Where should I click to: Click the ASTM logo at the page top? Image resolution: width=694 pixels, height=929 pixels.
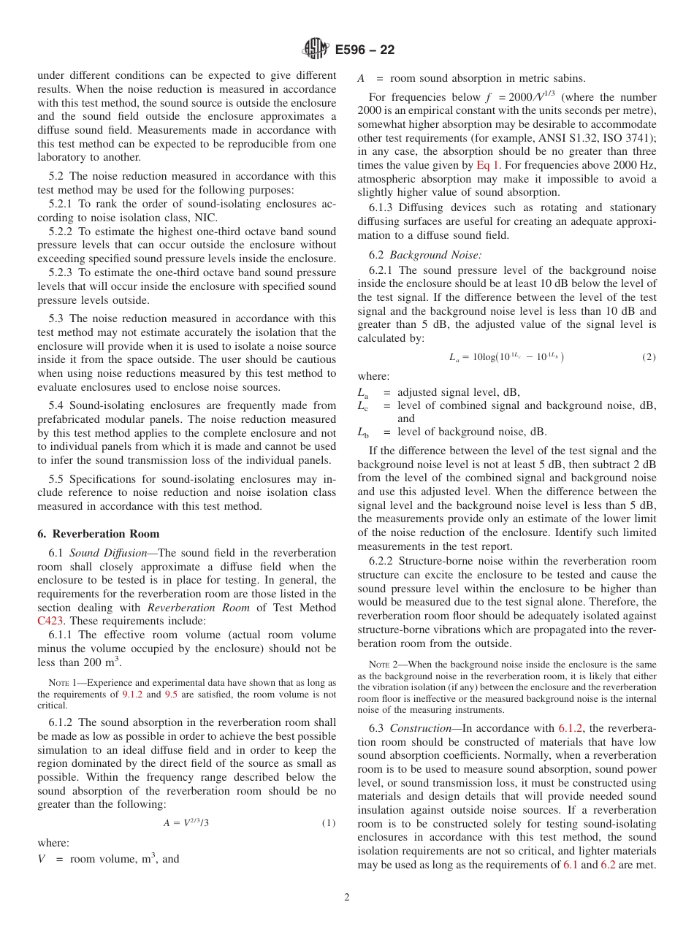(x=316, y=50)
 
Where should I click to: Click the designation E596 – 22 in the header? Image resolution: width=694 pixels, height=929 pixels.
(x=365, y=50)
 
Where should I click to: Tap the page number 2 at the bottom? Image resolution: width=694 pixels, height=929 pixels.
(x=347, y=898)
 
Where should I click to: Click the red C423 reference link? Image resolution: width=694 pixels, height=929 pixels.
(x=50, y=622)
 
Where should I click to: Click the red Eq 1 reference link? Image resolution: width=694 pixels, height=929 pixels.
(x=487, y=166)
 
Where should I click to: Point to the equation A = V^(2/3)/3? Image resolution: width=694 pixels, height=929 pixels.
(x=186, y=823)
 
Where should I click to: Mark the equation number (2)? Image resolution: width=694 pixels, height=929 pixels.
(x=649, y=357)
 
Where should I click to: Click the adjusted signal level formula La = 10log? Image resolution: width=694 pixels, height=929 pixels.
(x=506, y=357)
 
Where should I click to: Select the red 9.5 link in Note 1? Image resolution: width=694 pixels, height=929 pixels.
(x=171, y=695)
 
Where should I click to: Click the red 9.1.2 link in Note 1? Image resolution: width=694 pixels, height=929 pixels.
(x=132, y=695)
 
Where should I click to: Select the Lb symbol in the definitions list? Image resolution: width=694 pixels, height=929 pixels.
(x=363, y=432)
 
